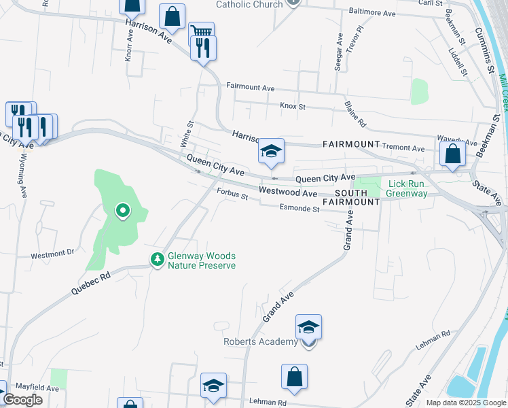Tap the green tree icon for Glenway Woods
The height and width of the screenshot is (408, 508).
pyautogui.click(x=158, y=259)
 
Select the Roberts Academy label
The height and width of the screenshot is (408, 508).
pyautogui.click(x=261, y=341)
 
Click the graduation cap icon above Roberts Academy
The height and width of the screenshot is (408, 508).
pyautogui.click(x=309, y=327)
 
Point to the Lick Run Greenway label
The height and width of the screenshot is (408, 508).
pyautogui.click(x=408, y=188)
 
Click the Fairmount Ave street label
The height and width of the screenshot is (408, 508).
pyautogui.click(x=250, y=88)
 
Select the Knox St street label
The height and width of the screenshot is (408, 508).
pyautogui.click(x=293, y=106)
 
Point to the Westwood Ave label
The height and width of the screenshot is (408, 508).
pyautogui.click(x=288, y=193)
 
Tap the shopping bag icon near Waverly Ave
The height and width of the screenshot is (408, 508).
pyautogui.click(x=452, y=154)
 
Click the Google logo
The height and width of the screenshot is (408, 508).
pyautogui.click(x=23, y=400)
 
